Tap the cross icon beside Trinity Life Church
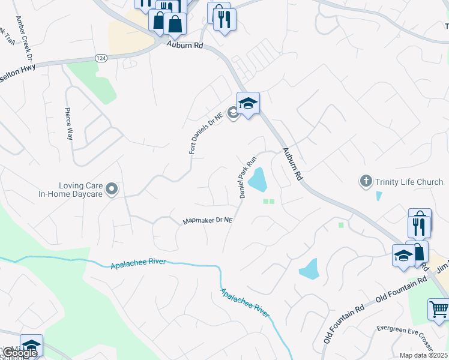click(x=366, y=181)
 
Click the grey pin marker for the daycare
click(x=112, y=190)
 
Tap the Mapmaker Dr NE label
click(x=207, y=221)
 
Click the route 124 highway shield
click(x=101, y=57)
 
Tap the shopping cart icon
click(x=439, y=310)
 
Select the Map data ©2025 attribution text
click(x=423, y=355)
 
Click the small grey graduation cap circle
click(x=234, y=116)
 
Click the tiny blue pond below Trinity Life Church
click(x=378, y=196)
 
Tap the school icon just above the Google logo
click(x=31, y=344)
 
